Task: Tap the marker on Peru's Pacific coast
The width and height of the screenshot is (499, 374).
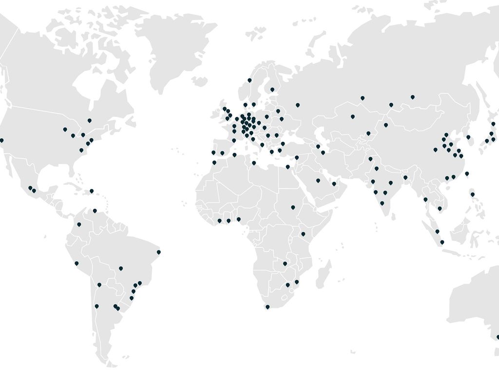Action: [77, 263]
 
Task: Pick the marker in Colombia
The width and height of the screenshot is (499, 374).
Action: [79, 224]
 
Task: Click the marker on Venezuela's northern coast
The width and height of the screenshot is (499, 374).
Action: [95, 211]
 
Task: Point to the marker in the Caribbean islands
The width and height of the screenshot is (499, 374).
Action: [92, 191]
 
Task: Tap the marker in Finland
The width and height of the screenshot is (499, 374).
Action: [272, 90]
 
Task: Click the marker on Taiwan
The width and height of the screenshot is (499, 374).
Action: [467, 173]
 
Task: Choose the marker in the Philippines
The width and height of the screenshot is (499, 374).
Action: [473, 195]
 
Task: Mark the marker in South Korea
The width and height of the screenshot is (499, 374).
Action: [468, 137]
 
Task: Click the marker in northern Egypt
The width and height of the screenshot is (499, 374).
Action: [288, 167]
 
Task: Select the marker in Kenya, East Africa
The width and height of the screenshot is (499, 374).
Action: [303, 234]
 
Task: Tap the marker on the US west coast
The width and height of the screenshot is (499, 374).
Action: [1, 140]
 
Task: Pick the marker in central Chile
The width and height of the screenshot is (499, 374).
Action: [96, 306]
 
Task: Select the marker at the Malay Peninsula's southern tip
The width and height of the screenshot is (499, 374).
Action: [442, 242]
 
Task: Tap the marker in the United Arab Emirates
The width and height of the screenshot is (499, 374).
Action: [334, 184]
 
